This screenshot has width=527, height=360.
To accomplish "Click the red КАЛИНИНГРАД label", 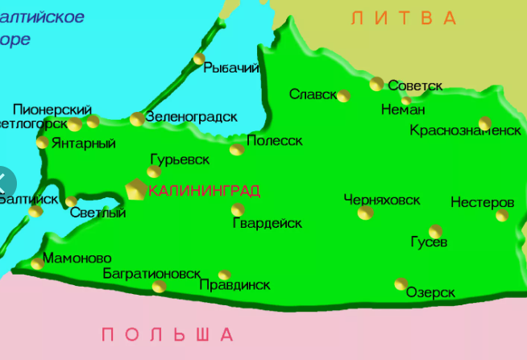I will click(x=205, y=191).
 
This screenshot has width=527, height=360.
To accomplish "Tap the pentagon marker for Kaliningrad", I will click(x=136, y=189).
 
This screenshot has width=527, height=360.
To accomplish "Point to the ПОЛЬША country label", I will click(x=168, y=334).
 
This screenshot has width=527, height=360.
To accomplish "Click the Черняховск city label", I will click(x=382, y=199).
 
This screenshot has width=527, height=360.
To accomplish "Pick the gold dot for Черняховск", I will click(x=366, y=213).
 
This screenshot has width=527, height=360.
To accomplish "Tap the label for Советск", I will click(x=415, y=85).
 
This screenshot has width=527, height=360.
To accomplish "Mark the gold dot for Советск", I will click(x=377, y=84).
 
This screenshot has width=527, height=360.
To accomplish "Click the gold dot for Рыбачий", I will click(x=199, y=59).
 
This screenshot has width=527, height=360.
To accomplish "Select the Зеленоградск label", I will click(x=191, y=117).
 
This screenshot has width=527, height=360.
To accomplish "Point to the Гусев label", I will click(x=429, y=242).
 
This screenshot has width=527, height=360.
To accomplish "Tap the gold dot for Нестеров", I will click(x=502, y=215).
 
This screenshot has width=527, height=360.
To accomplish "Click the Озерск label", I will click(x=431, y=292).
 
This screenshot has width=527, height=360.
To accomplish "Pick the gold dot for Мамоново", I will click(x=36, y=263).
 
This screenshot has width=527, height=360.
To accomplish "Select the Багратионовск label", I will click(x=151, y=274).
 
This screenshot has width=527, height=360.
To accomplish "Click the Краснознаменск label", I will click(x=465, y=130).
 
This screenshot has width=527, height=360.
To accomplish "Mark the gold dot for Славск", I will click(x=344, y=96).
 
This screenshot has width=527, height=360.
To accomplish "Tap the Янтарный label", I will click(x=83, y=143).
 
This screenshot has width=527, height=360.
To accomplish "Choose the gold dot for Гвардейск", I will click(x=238, y=210).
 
